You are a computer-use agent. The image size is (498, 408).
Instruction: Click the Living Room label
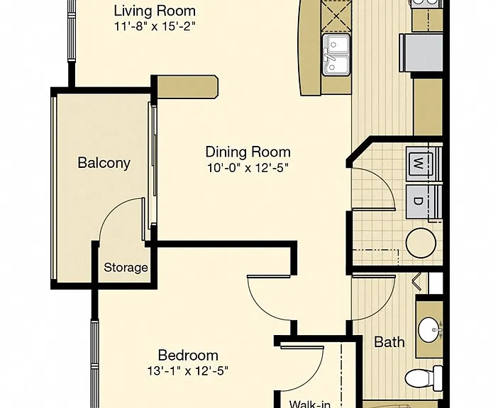155,11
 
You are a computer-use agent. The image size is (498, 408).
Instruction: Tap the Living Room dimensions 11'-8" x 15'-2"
155,26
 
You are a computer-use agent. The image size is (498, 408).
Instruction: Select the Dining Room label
248,152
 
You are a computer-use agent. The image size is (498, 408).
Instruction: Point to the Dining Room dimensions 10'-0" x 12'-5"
248,168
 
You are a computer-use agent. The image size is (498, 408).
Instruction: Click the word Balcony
104,163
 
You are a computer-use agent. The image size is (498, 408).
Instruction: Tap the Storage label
126,268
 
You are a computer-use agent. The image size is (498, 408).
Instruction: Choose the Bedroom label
188,355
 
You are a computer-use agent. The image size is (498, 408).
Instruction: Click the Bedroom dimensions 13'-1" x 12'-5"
188,370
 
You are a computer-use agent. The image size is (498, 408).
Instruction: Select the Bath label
389,342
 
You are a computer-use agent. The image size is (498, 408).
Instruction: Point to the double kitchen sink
336,55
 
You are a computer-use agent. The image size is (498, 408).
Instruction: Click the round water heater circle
421,243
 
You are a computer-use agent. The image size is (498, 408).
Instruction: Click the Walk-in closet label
310,404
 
